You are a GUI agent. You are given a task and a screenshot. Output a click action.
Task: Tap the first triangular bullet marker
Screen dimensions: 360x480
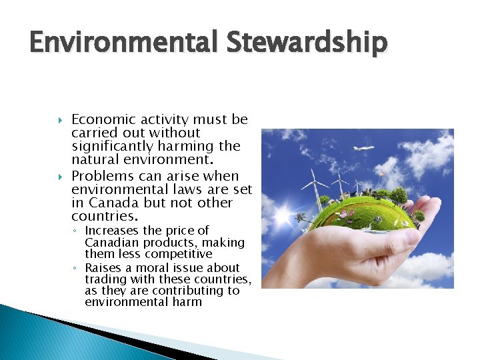[x=60, y=121]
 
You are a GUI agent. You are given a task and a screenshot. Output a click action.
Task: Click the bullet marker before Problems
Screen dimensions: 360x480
[x=60, y=177]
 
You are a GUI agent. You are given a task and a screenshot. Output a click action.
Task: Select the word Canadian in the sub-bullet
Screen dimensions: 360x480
[x=109, y=243]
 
